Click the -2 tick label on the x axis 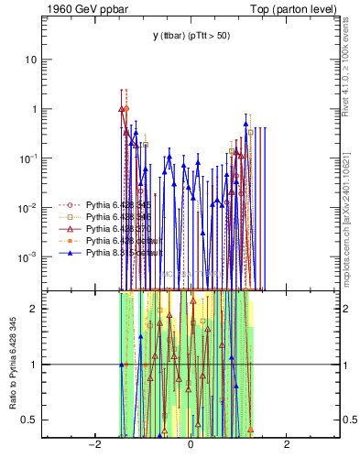click(x=93, y=444)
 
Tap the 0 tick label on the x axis click(x=190, y=444)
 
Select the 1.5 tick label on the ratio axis click(x=37, y=336)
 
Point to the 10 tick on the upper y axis click(x=37, y=60)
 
